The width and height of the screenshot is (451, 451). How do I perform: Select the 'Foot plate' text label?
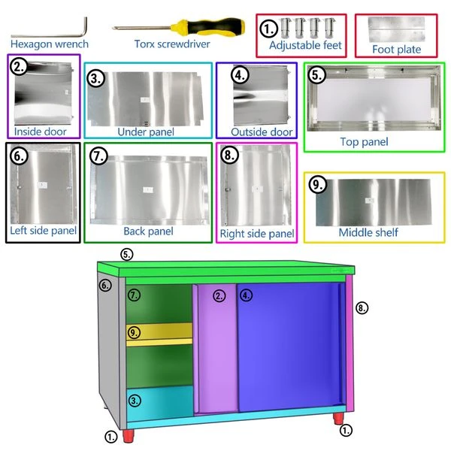pos(396,50)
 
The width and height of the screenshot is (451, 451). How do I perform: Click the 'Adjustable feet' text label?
pos(305,46)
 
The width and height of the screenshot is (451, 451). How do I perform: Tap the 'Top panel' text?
pos(364,141)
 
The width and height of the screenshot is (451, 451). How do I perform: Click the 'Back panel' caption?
pos(148,232)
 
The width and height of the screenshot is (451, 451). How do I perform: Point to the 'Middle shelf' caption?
pos(368,232)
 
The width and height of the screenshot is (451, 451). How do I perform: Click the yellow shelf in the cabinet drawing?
pos(158,331)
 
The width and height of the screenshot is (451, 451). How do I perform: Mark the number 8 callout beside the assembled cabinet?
pos(362,307)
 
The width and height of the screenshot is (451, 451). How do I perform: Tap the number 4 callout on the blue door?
pos(247,295)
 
